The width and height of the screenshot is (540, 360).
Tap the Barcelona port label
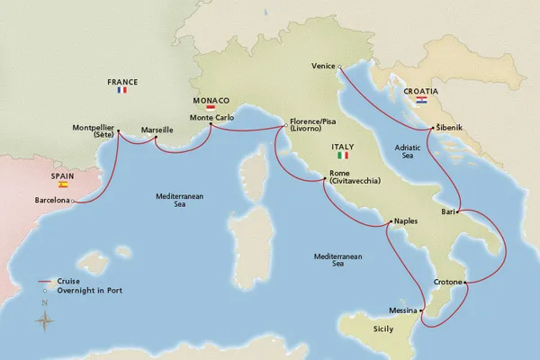(52, 200)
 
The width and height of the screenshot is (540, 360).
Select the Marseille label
(159, 130)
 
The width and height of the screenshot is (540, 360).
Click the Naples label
(407, 220)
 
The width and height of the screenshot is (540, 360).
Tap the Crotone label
(446, 283)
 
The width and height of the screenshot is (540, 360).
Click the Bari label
(449, 212)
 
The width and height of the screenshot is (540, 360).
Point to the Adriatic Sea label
(409, 150)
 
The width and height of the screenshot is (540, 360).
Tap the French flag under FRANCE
(122, 90)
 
